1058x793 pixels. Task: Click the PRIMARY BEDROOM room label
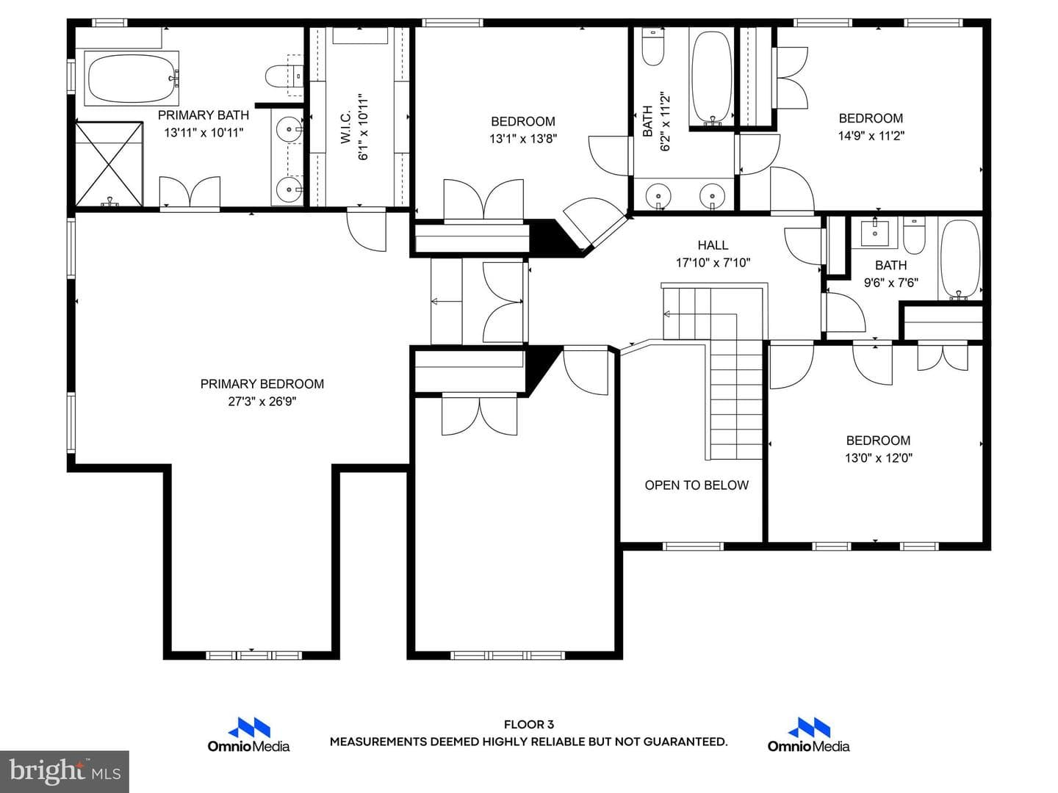point(262,384)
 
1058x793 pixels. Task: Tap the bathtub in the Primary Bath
point(132,79)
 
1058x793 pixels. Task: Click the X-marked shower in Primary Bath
point(109,164)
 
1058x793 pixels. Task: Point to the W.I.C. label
point(345,128)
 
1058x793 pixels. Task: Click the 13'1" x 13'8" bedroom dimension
point(523,139)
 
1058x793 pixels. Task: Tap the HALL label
point(713,245)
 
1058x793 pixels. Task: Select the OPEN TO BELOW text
point(697,485)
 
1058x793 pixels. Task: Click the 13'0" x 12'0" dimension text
point(878,458)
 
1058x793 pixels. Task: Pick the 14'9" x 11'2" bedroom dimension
point(871,136)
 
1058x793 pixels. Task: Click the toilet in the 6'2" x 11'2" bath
point(653,46)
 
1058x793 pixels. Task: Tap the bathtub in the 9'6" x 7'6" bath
point(960,260)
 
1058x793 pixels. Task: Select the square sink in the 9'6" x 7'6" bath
point(875,233)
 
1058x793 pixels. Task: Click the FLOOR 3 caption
point(529,724)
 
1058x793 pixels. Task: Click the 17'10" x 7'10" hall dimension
point(713,263)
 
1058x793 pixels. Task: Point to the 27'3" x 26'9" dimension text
point(262,402)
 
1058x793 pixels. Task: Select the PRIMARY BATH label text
point(204,115)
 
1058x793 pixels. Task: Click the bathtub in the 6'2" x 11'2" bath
point(711,76)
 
